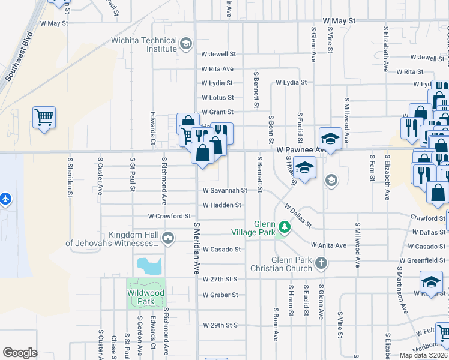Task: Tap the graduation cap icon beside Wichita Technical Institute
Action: pyautogui.click(x=186, y=43)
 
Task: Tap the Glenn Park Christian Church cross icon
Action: pyautogui.click(x=321, y=263)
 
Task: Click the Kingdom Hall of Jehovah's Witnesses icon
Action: pyautogui.click(x=169, y=239)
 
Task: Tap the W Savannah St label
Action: pyautogui.click(x=224, y=190)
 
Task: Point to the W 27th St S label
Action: pyautogui.click(x=220, y=280)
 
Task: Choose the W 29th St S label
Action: pyautogui.click(x=220, y=325)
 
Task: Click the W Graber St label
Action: pyautogui.click(x=220, y=295)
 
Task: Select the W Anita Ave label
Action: pyautogui.click(x=328, y=245)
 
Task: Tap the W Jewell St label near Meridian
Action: pyautogui.click(x=218, y=54)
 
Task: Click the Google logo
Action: pyautogui.click(x=20, y=353)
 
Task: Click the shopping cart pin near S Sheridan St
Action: pyautogui.click(x=44, y=117)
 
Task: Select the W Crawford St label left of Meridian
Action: pyautogui.click(x=169, y=216)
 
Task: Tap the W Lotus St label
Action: pyautogui.click(x=217, y=97)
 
